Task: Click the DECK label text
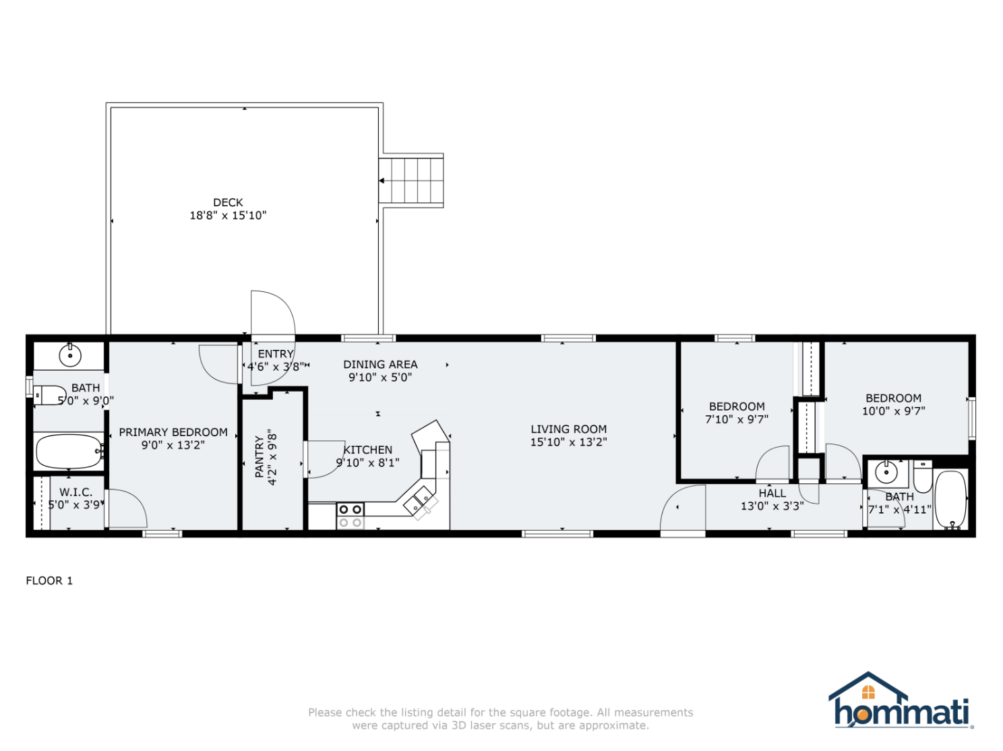click(228, 202)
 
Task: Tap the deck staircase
click(411, 181)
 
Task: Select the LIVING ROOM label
click(568, 429)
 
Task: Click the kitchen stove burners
click(350, 516)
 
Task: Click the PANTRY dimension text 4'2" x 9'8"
click(272, 457)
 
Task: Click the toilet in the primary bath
click(49, 394)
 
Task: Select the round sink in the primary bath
click(69, 355)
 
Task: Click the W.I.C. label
click(75, 492)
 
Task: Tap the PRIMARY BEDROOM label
click(173, 432)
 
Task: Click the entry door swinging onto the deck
click(272, 314)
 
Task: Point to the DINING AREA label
click(380, 364)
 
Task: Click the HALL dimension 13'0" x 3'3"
click(772, 506)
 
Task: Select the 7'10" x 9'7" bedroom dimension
click(737, 419)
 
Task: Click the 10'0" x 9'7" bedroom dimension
click(893, 411)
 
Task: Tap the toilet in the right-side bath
click(923, 477)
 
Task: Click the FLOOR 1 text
click(49, 580)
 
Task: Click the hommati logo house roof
click(868, 685)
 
